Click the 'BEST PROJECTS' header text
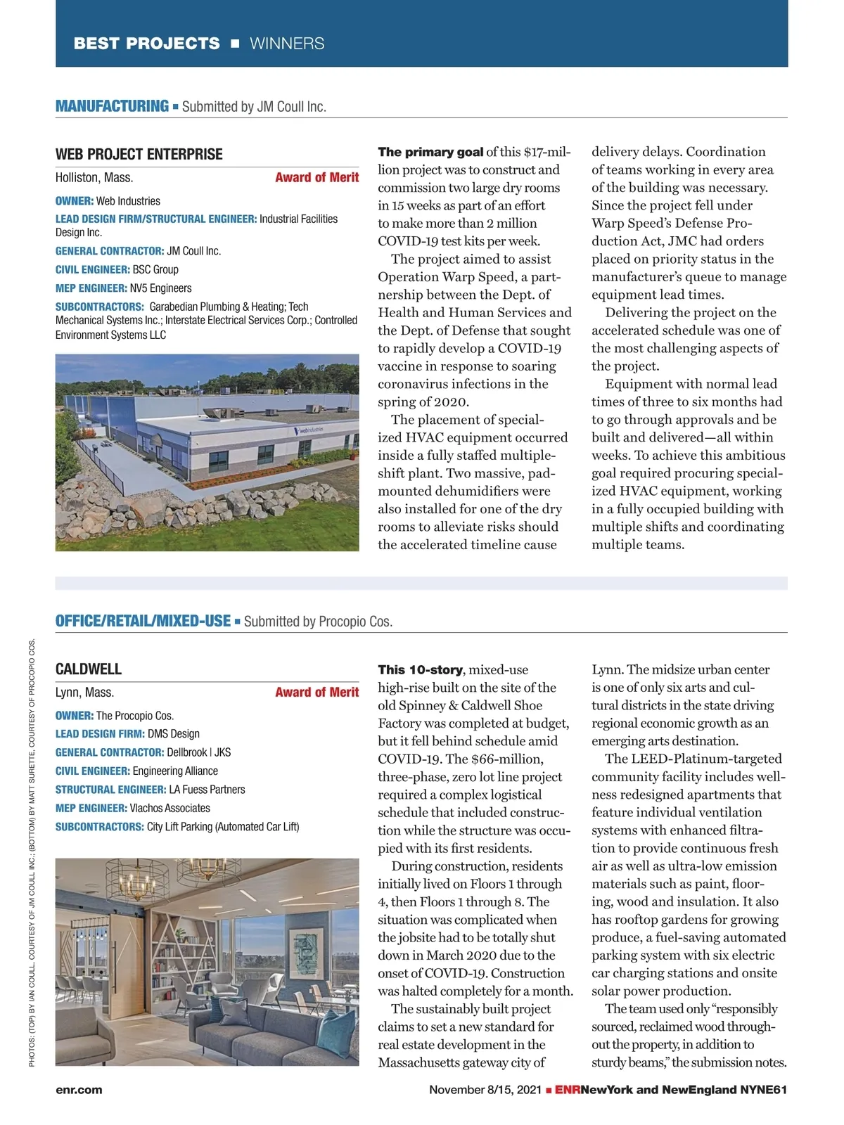click(146, 44)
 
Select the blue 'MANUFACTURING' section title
click(112, 106)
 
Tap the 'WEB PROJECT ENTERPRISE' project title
click(139, 155)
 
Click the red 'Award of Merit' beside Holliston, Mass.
click(316, 178)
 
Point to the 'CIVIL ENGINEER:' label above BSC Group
click(93, 269)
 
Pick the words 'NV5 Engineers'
click(160, 288)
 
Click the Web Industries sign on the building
click(308, 430)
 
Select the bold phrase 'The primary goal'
click(430, 152)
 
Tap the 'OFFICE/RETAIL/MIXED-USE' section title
click(143, 621)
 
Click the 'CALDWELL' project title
click(89, 669)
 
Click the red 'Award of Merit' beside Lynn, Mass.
click(316, 693)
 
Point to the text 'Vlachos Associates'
click(170, 809)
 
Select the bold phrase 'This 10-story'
click(420, 670)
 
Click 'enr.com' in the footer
click(79, 1090)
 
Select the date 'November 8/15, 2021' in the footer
click(485, 1090)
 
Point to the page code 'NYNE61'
click(763, 1090)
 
